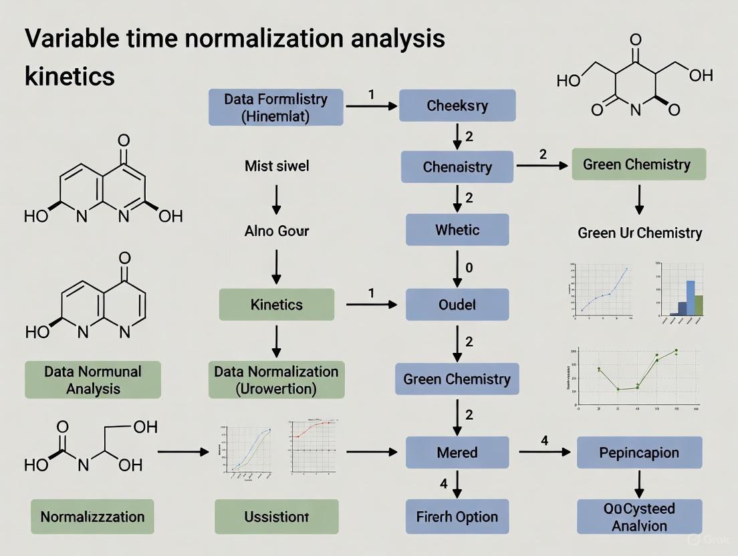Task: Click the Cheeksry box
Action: pos(457,106)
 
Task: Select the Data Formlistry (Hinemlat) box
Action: pos(276,107)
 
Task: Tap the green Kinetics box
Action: pos(276,305)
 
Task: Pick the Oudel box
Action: pos(457,305)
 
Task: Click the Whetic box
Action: pos(457,230)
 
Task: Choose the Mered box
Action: pos(457,452)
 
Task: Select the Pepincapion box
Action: pos(639,452)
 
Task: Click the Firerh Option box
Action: pos(457,517)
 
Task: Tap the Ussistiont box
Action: pos(276,517)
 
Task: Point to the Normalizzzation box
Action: pos(92,517)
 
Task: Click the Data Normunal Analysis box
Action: pos(93,380)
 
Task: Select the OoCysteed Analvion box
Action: pos(639,517)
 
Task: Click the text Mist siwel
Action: pos(277,165)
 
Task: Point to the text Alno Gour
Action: pos(277,232)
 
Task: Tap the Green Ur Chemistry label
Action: pos(640,233)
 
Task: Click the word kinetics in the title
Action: pos(70,76)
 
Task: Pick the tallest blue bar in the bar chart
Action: pos(691,288)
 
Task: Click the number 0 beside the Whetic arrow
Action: pos(469,267)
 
